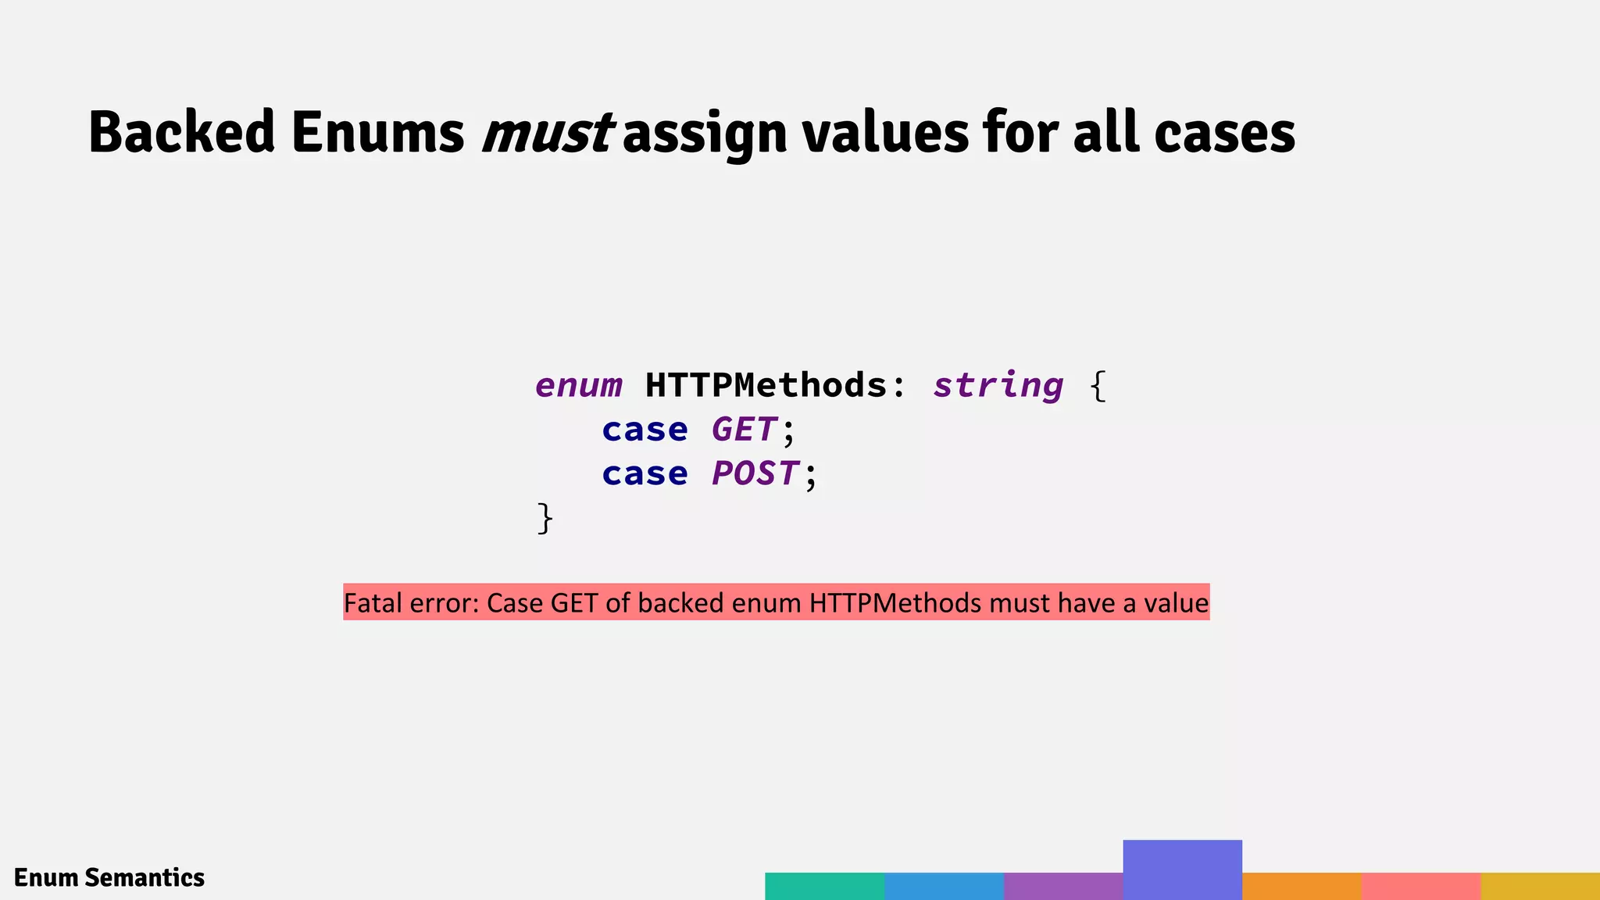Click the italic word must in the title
click(x=547, y=133)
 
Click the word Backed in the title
click(x=181, y=133)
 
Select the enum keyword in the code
click(x=578, y=386)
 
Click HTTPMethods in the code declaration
click(x=766, y=386)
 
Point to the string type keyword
click(x=998, y=386)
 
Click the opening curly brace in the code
click(x=1098, y=386)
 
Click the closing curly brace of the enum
click(x=545, y=518)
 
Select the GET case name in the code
click(x=743, y=430)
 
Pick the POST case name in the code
click(x=755, y=473)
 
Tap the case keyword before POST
click(x=645, y=473)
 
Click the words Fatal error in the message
click(x=409, y=603)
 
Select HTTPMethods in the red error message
click(x=895, y=603)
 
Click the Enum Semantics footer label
click(x=109, y=877)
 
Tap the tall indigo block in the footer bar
click(x=1182, y=869)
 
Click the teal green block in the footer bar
click(x=824, y=886)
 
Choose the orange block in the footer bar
click(x=1302, y=886)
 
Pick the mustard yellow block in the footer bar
click(x=1540, y=886)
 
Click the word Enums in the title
click(x=377, y=133)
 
